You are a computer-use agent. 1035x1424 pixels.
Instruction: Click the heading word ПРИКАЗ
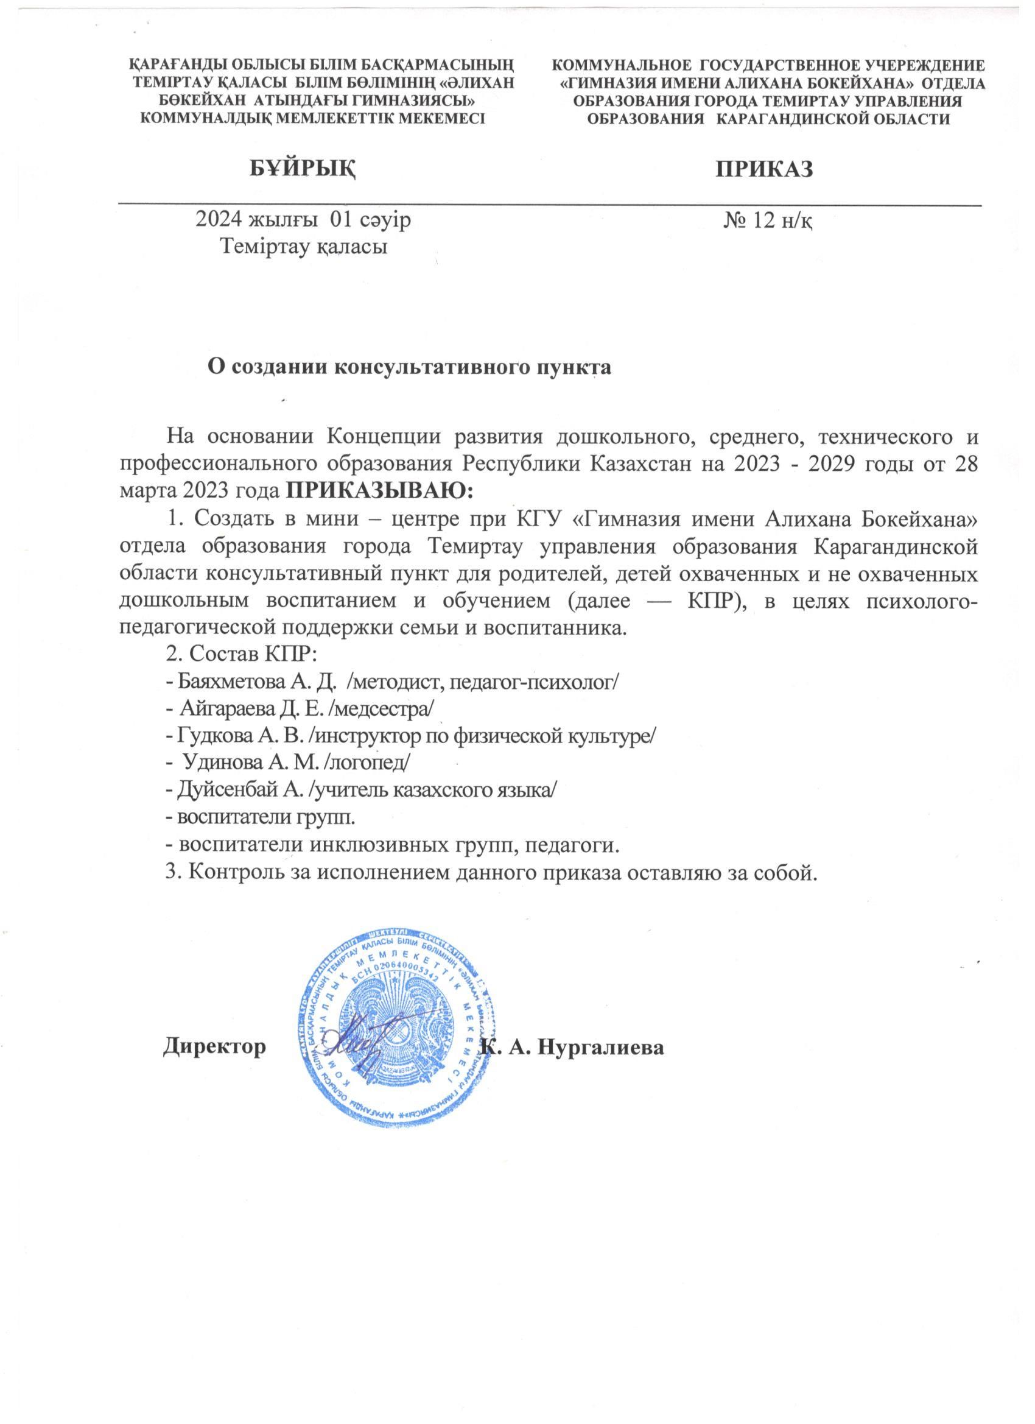coord(765,169)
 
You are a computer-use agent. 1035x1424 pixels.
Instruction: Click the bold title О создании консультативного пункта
coord(409,367)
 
